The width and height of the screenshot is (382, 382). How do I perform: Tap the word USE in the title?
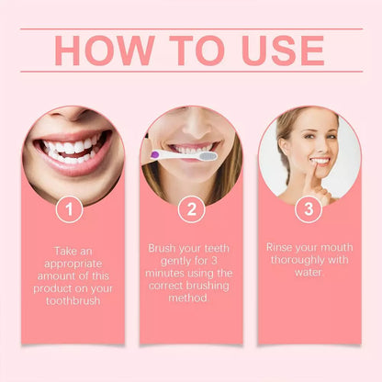283,51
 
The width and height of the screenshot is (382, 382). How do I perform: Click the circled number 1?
70,209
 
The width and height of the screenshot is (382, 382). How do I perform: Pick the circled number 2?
192,209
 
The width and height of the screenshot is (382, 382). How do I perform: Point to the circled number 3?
309,209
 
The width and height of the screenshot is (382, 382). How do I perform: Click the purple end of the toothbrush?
155,154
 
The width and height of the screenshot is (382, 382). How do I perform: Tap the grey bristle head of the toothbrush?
208,156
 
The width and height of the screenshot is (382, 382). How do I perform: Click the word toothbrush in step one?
73,300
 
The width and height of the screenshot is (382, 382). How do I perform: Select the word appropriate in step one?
73,264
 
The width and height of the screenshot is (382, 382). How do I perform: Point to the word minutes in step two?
164,273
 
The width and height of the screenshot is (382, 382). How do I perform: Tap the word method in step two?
187,298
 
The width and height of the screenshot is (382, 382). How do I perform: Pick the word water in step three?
308,272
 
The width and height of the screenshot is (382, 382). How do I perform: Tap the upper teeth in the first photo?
71,146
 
